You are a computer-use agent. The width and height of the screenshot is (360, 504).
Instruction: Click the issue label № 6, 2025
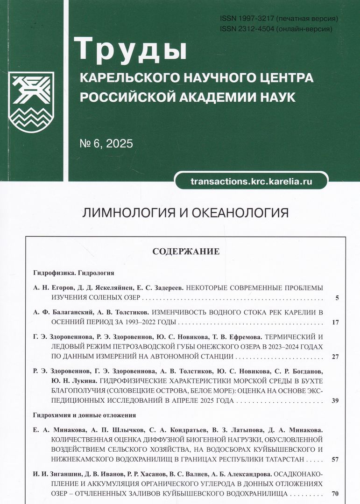[106, 144]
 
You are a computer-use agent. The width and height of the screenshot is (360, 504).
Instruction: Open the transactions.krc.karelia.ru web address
[251, 181]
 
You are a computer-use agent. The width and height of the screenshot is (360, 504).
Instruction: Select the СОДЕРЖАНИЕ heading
[186, 252]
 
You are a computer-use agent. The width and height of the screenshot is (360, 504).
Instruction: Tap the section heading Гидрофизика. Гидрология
[74, 272]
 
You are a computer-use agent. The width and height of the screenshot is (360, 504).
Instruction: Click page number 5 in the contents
[337, 298]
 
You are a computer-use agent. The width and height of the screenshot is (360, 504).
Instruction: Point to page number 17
[335, 322]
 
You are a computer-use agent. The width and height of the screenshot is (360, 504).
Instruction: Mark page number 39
[335, 400]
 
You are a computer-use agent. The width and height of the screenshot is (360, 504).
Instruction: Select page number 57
[335, 459]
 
